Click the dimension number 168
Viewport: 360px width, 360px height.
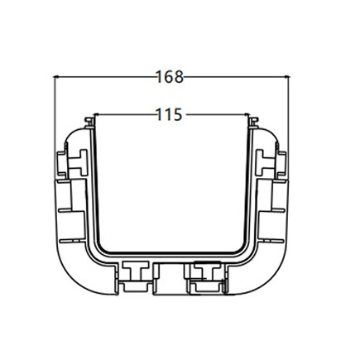pos(170,78)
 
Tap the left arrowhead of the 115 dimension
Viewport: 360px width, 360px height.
pos(98,113)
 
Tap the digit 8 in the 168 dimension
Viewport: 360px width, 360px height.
pos(179,78)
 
